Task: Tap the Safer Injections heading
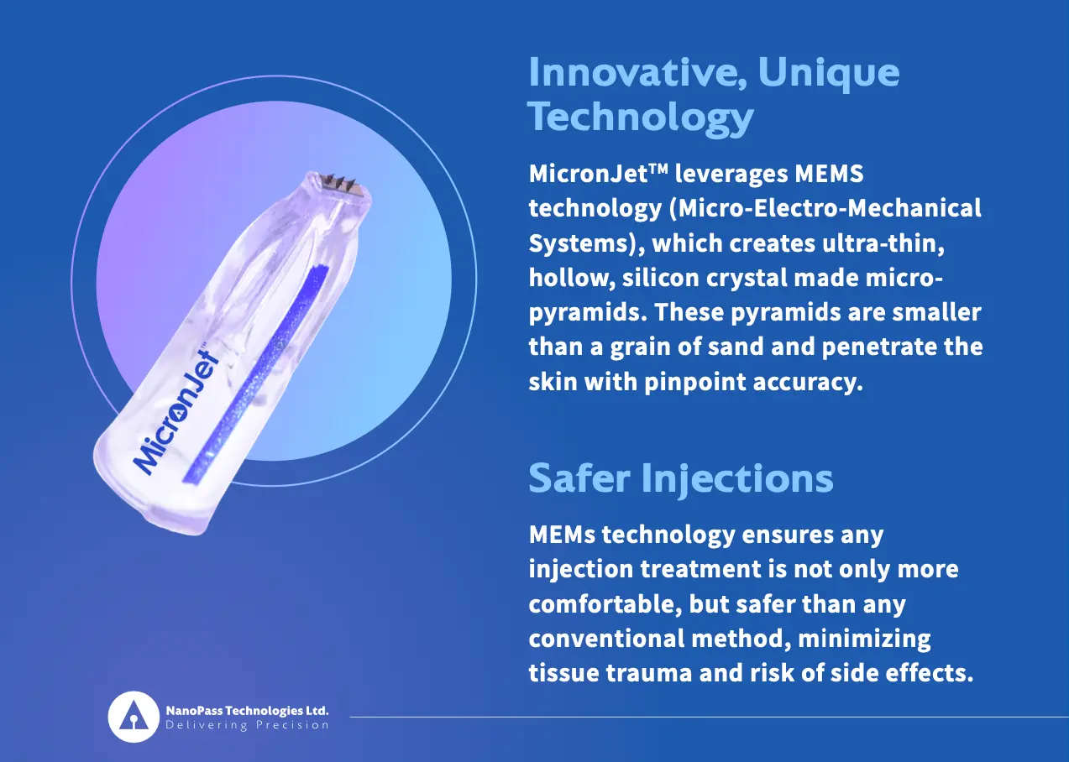(x=680, y=478)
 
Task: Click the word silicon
(x=659, y=278)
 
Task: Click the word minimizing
(x=864, y=639)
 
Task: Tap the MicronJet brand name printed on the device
(x=173, y=407)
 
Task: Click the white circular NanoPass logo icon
(x=134, y=717)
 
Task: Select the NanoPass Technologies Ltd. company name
(x=247, y=710)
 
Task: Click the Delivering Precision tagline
(x=247, y=725)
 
